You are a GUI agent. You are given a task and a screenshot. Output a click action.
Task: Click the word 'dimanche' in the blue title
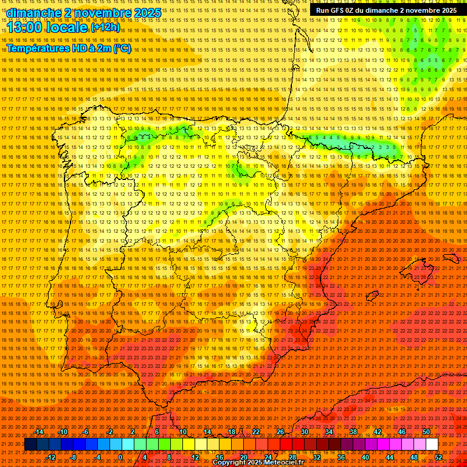[34, 13]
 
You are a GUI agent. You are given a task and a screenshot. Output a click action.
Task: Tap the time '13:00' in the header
[27, 28]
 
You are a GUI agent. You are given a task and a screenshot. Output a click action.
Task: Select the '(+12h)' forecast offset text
[105, 27]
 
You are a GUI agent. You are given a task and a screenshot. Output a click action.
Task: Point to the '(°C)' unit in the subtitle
[122, 48]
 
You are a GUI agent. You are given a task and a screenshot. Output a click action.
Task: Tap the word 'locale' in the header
[67, 28]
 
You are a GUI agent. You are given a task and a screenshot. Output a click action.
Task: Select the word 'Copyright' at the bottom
[231, 463]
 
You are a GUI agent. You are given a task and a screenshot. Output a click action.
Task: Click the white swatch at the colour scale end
[432, 445]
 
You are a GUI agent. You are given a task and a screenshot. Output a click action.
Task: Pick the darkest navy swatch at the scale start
[30, 445]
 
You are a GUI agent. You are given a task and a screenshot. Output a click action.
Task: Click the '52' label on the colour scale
[438, 457]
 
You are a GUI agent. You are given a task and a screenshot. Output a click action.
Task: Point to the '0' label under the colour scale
[120, 457]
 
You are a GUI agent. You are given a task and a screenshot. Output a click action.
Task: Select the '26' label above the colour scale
[280, 432]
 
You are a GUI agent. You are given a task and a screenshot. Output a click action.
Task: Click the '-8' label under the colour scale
[74, 457]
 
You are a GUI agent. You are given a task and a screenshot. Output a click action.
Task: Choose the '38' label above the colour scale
[353, 432]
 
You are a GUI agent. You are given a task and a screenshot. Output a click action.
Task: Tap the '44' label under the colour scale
[390, 457]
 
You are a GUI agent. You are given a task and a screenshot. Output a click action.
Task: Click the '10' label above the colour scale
[182, 432]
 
